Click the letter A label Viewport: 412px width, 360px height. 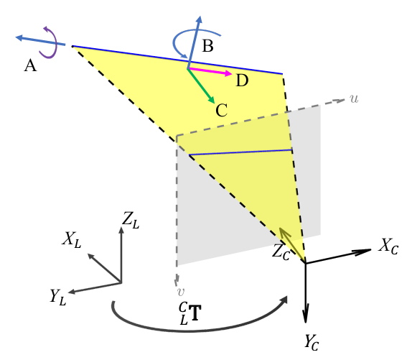[x=30, y=65]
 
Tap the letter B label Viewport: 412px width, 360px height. [x=207, y=46]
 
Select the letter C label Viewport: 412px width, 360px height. [x=221, y=110]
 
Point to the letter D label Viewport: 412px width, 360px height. [x=242, y=80]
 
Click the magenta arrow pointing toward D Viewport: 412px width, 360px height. [x=210, y=71]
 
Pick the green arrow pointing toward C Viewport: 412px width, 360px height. [x=201, y=86]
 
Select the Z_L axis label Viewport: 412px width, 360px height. [x=131, y=221]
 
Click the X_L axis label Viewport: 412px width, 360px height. [x=72, y=240]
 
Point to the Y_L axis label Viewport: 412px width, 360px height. [x=58, y=297]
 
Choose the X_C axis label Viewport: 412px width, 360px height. [x=388, y=246]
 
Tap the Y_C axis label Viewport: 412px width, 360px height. [x=312, y=342]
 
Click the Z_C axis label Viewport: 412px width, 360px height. [x=281, y=252]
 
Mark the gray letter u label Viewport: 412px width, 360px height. [x=354, y=99]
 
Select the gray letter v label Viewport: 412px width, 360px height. [x=180, y=292]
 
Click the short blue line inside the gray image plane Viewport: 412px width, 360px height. [x=240, y=152]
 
